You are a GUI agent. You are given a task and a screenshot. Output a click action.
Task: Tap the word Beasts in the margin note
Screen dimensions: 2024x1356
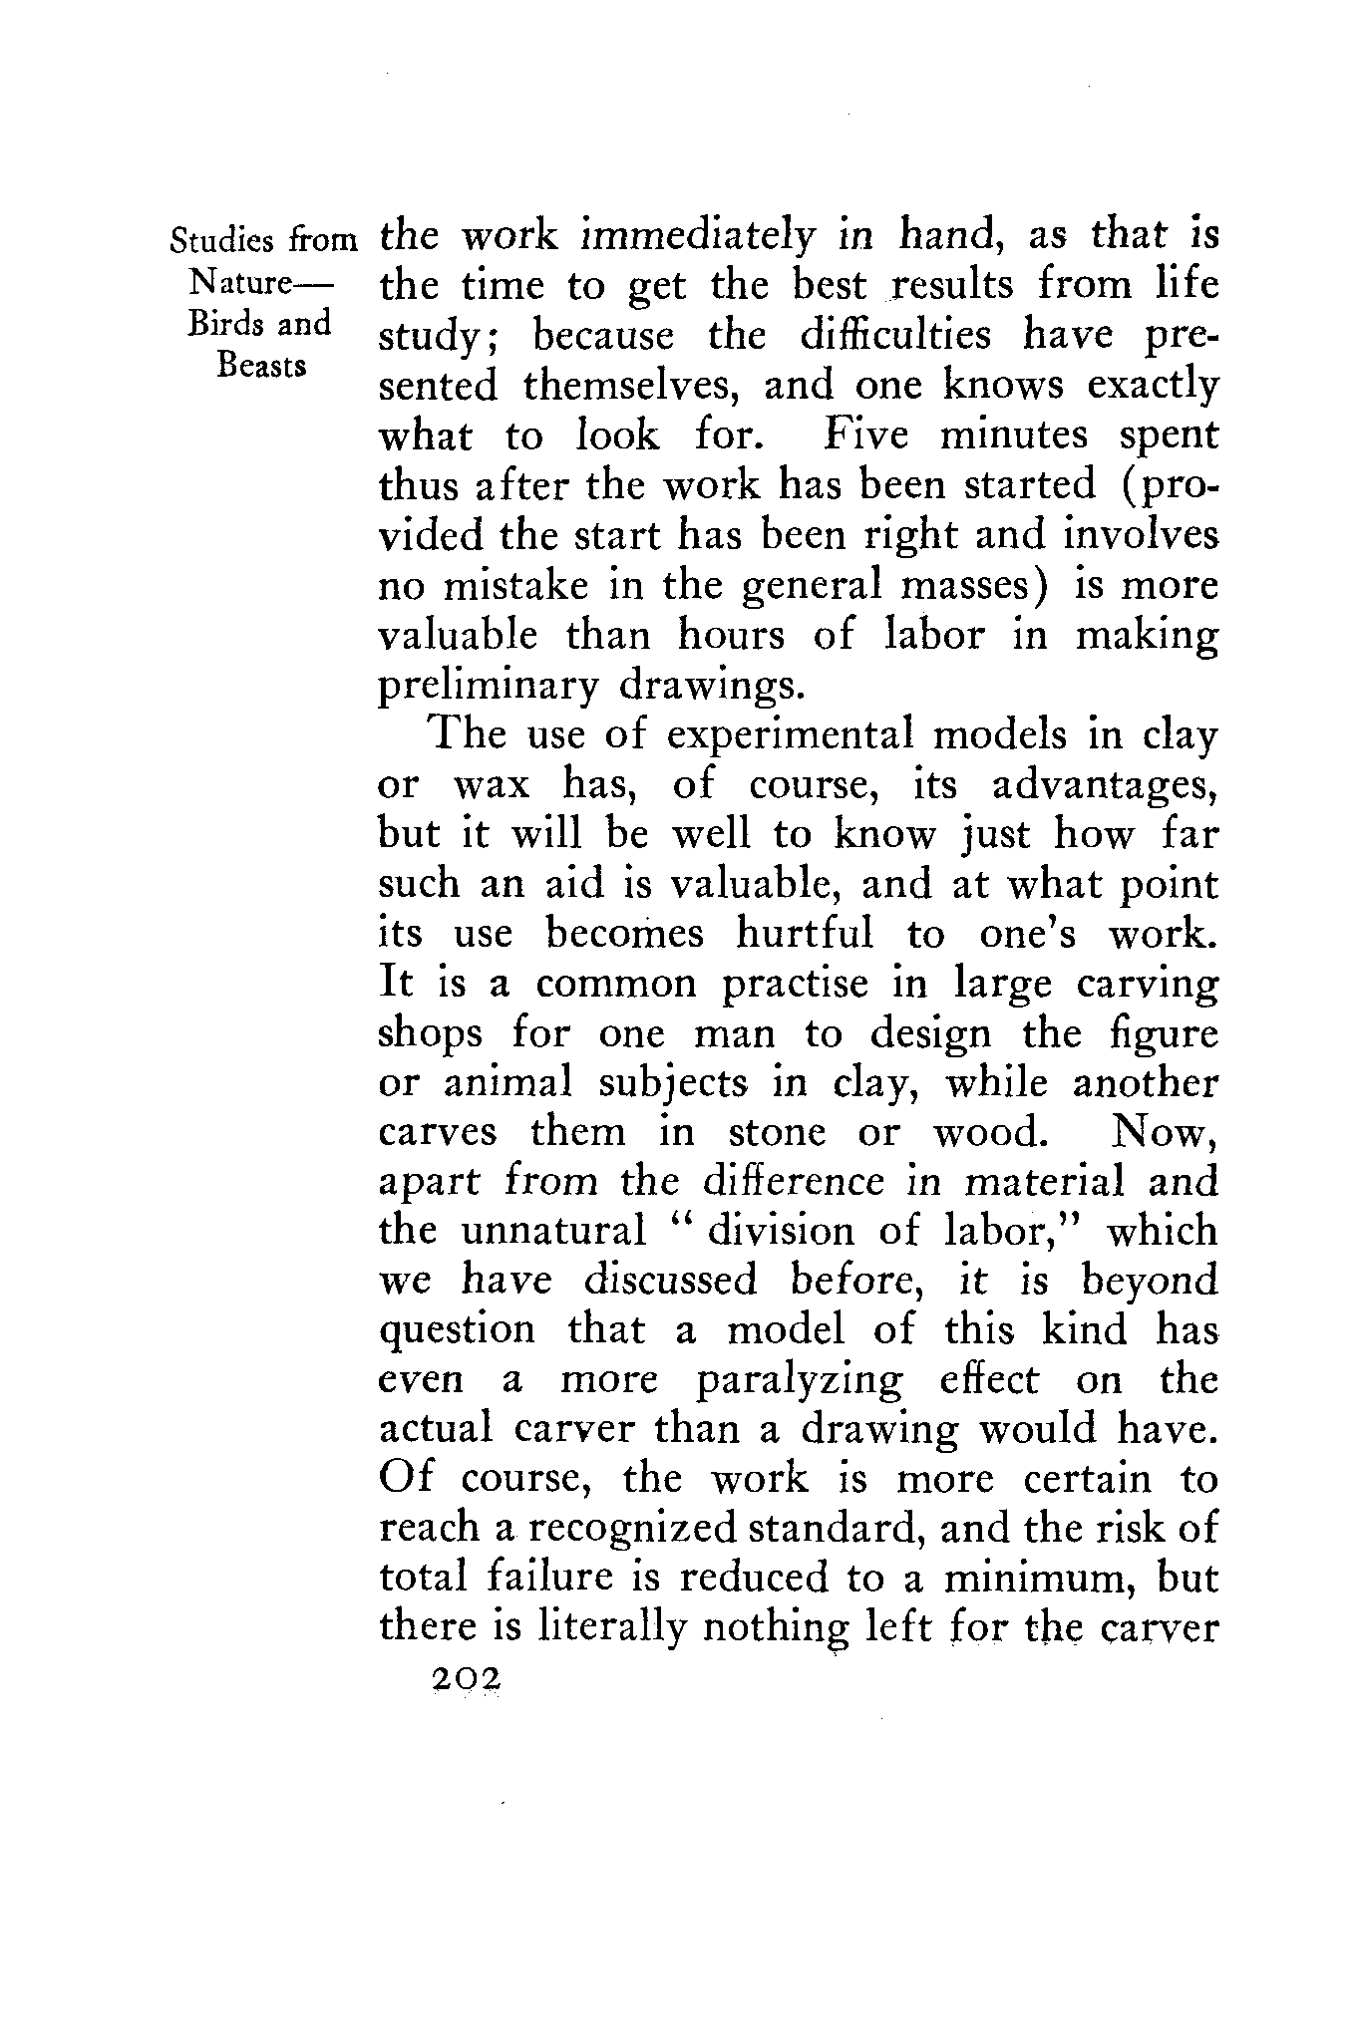click(x=261, y=365)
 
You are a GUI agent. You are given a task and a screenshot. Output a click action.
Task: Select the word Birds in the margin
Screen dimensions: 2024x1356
click(x=220, y=324)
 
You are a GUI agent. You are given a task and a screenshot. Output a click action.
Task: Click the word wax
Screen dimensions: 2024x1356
click(x=489, y=787)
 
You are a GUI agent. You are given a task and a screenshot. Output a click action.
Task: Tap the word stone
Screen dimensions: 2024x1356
click(x=777, y=1133)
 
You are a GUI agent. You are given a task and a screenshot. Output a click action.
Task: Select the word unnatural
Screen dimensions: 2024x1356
click(x=554, y=1232)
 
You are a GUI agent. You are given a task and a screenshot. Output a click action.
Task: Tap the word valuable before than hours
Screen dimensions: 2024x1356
click(x=460, y=636)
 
